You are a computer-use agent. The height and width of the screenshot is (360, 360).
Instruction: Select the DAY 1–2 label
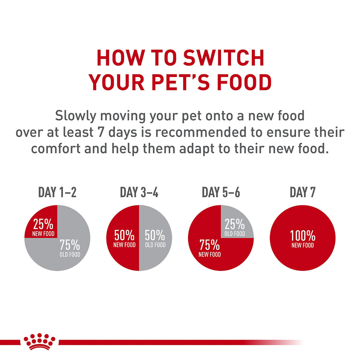tap(57, 192)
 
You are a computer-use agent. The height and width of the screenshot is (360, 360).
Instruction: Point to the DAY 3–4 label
tap(139, 192)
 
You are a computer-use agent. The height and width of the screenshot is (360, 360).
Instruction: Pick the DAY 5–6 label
tap(221, 192)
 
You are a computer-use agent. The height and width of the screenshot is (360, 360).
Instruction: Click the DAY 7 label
tap(302, 192)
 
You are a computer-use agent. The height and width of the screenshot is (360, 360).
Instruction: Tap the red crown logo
tap(39, 341)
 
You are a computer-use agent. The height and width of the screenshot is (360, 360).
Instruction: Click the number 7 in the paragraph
tap(99, 132)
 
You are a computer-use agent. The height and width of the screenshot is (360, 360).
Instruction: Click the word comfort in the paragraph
tap(57, 148)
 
